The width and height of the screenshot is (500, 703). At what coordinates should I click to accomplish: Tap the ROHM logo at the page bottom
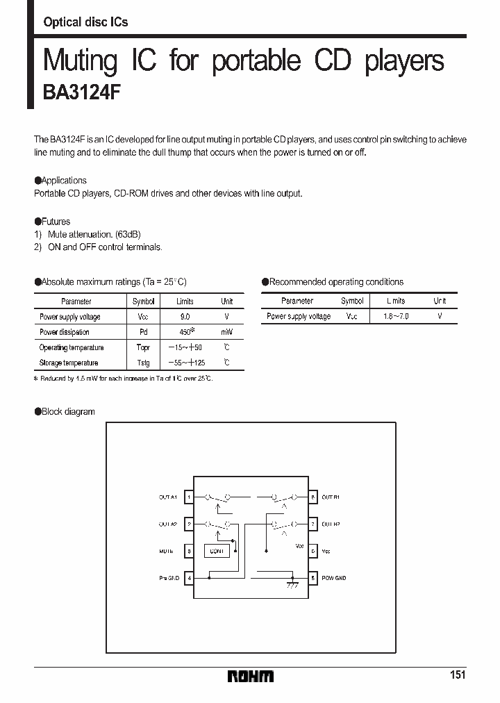(251, 676)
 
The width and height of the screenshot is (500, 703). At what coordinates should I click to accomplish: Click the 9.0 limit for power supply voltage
(185, 317)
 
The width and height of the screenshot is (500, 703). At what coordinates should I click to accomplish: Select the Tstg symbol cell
(143, 363)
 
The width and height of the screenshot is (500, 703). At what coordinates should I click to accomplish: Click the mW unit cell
(227, 332)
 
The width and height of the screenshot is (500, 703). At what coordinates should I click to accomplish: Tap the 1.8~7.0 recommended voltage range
(397, 316)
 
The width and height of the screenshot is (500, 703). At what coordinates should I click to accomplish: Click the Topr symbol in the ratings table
(143, 347)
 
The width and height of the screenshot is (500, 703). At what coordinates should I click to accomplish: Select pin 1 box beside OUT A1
(189, 497)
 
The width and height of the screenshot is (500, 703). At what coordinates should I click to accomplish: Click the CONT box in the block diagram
(217, 551)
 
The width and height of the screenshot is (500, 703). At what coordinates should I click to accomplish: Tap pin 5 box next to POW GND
(313, 578)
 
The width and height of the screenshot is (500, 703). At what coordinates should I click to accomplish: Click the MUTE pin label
(166, 552)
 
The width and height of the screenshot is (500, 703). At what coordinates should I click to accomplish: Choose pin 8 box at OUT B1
(313, 497)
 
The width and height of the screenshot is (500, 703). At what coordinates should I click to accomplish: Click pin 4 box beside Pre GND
(189, 578)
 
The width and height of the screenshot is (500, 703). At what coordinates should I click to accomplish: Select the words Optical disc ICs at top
(85, 22)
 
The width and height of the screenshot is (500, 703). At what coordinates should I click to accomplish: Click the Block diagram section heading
(67, 412)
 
